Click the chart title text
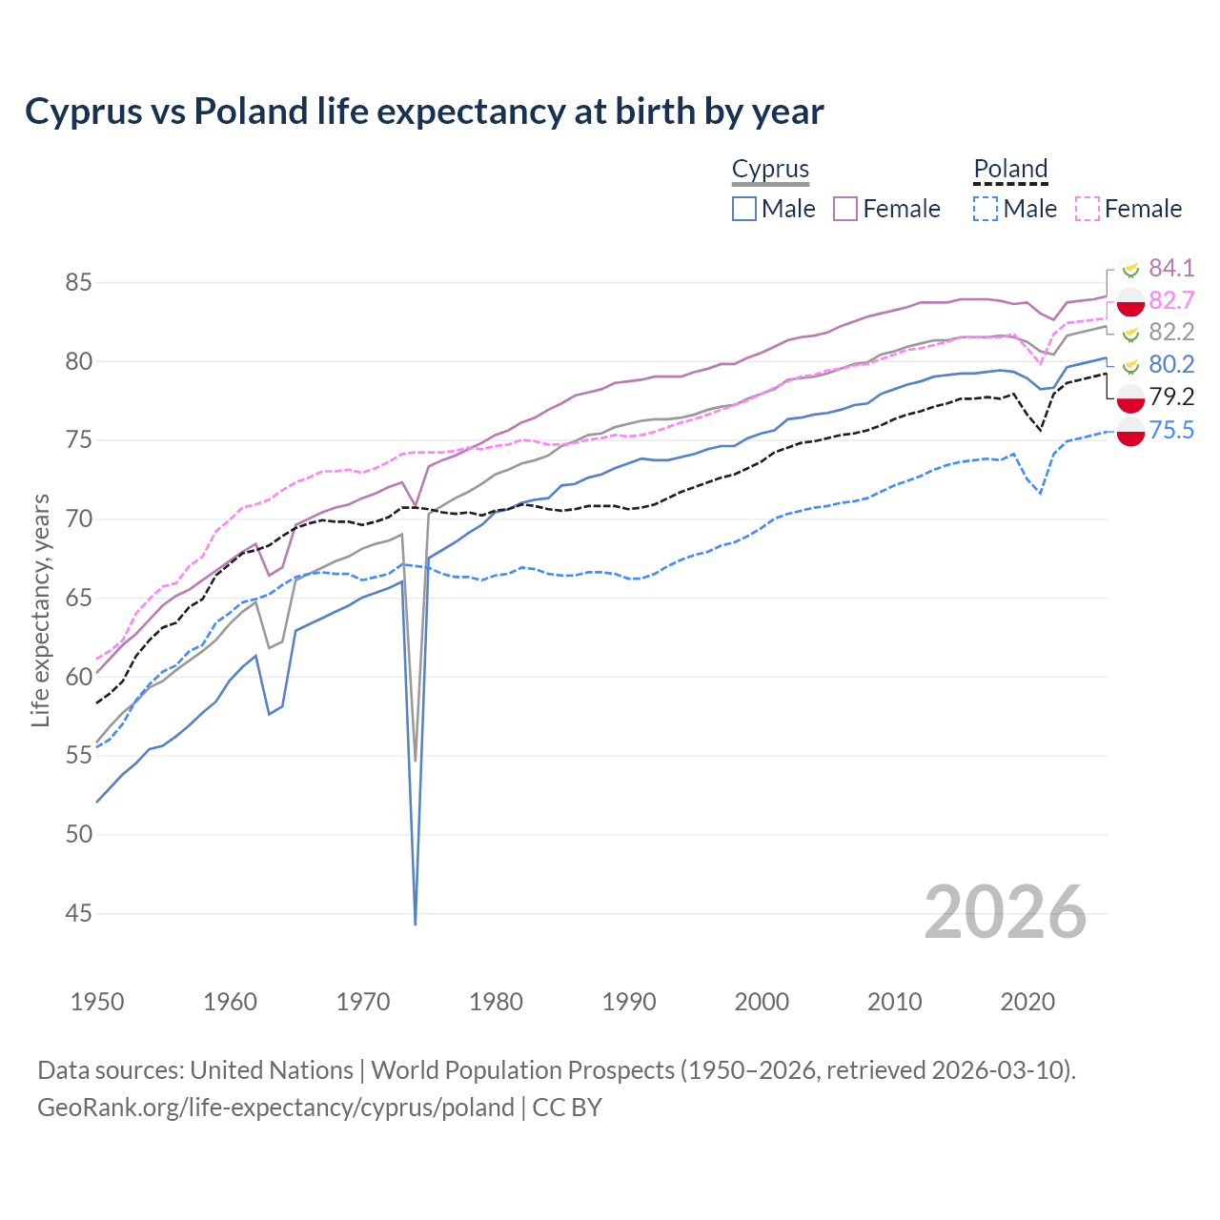click(x=424, y=112)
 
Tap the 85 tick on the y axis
click(x=78, y=283)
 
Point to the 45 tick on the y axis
click(x=78, y=914)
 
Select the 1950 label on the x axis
click(x=97, y=1002)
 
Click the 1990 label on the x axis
click(x=629, y=1002)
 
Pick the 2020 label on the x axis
click(x=1027, y=1002)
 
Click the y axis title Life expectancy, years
click(x=40, y=610)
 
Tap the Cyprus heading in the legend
click(x=770, y=169)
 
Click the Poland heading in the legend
click(x=1010, y=169)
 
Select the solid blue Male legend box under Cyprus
click(x=744, y=209)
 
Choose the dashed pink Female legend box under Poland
click(x=1088, y=209)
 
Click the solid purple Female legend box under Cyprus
click(x=845, y=209)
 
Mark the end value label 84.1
click(x=1170, y=268)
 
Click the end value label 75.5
click(x=1170, y=430)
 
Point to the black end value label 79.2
click(x=1170, y=396)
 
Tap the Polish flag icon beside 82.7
click(x=1130, y=301)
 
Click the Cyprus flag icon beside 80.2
click(x=1130, y=365)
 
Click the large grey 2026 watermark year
click(x=1006, y=912)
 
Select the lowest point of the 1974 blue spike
click(x=416, y=924)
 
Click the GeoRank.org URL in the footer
click(x=276, y=1108)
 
